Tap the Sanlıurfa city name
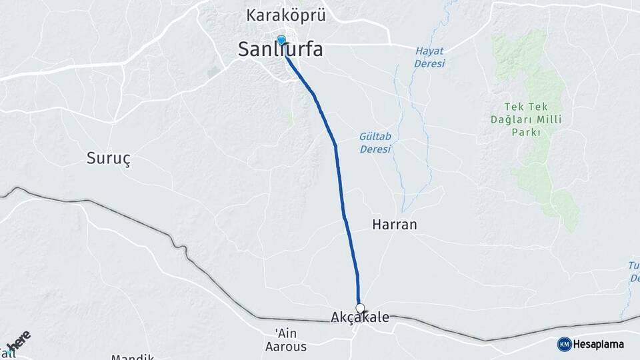coord(281,49)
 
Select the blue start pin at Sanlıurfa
coord(281,40)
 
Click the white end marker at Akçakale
coord(361,308)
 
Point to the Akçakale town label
coord(360,318)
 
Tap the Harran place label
coord(394,225)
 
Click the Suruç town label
coord(109,158)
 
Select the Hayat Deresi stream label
coord(429,57)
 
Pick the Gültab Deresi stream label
coord(375,142)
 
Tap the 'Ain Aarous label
coord(285,340)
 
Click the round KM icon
coord(564,344)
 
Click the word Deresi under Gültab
coord(375,149)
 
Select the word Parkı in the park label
coord(525,133)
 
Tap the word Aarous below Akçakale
coord(285,347)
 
